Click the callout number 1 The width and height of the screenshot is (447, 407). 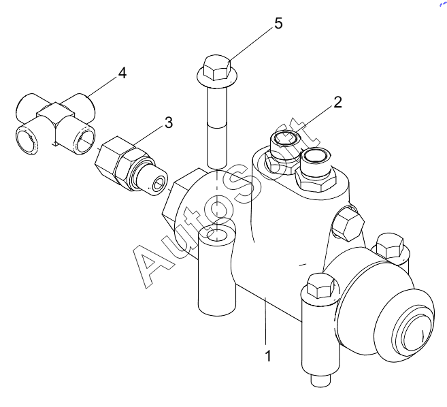pos(268,356)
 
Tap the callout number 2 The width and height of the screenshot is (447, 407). pos(337,102)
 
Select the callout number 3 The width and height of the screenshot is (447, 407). pos(169,123)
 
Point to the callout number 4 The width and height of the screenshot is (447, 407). pos(122,73)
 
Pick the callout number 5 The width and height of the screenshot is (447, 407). pos(278,23)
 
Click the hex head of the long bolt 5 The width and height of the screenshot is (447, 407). pos(216,67)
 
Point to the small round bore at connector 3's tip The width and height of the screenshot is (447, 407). pos(159,185)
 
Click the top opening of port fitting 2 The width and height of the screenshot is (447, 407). pos(287,138)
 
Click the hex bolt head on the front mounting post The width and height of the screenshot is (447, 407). pos(321,286)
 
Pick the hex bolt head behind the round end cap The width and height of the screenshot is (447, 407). pos(390,246)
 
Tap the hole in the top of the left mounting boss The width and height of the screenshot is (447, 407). pos(217,235)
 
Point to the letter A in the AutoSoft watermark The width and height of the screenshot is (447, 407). pos(152,265)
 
